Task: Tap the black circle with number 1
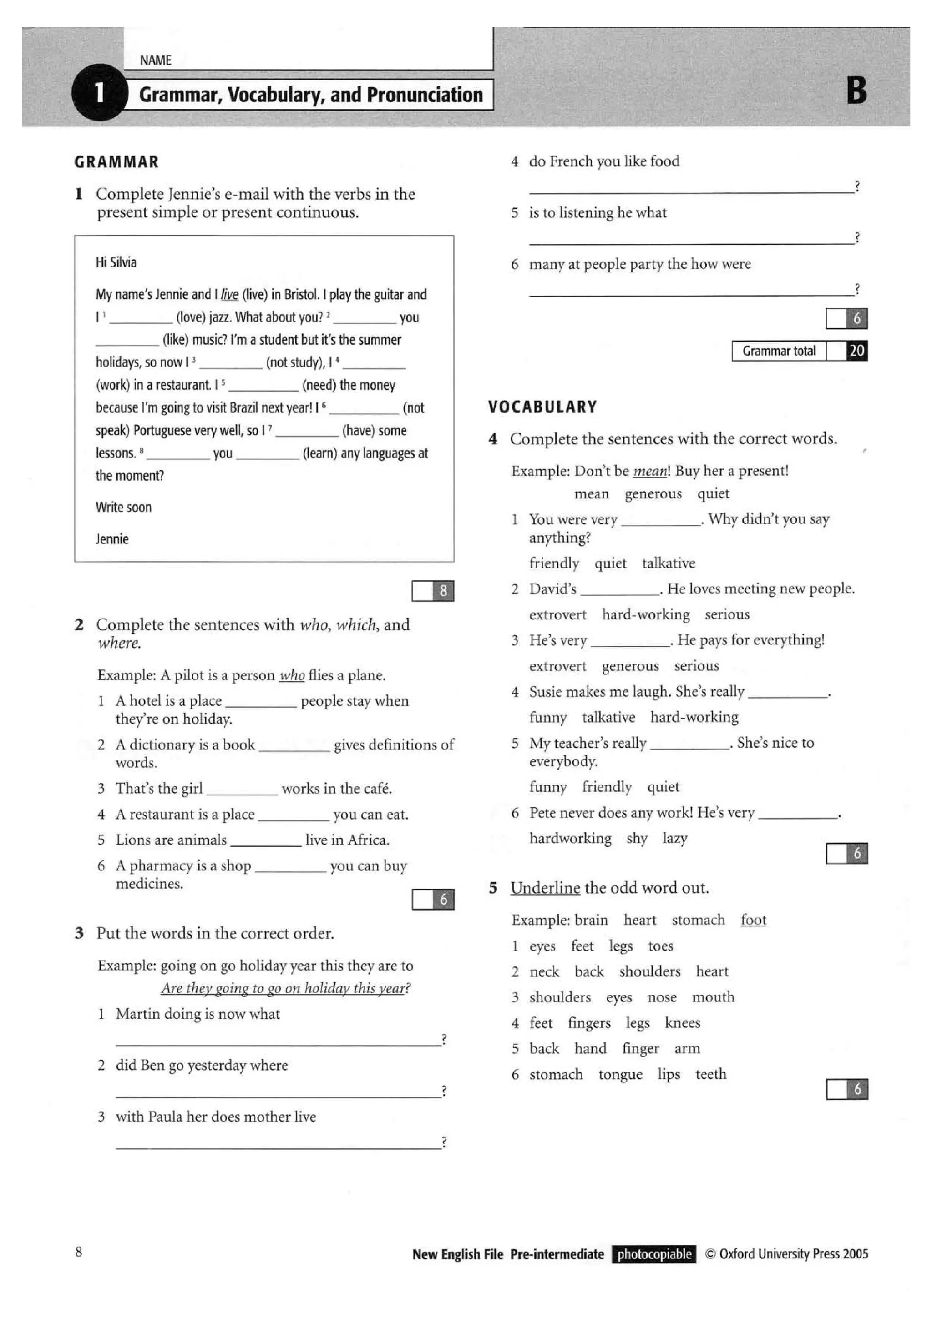point(99,92)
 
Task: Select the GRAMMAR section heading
point(116,162)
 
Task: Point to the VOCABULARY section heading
point(542,407)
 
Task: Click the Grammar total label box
point(779,351)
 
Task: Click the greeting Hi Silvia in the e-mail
point(116,262)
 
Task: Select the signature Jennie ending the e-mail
point(112,539)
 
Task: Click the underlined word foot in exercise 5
point(754,920)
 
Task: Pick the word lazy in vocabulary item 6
point(675,838)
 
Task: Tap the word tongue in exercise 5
point(620,1074)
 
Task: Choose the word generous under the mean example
point(653,493)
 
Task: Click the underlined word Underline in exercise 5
point(545,888)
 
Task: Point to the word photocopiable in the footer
point(654,1254)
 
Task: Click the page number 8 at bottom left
point(79,1252)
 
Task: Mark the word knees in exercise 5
point(682,1023)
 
